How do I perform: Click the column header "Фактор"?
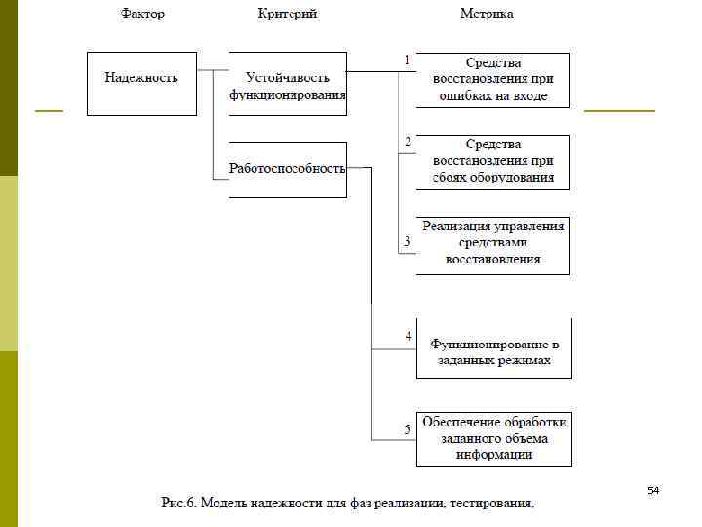143,14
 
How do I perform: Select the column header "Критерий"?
288,14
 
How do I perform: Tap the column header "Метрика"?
487,14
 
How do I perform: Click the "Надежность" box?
141,83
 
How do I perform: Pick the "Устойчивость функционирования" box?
288,85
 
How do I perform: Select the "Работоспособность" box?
288,170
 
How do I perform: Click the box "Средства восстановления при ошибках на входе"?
493,79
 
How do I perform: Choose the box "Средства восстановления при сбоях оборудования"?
493,161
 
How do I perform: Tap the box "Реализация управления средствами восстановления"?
493,244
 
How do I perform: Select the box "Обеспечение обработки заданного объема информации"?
493,438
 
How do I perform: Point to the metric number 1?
407,61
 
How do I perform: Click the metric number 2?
408,142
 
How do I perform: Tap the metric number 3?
407,240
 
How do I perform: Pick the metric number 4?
408,336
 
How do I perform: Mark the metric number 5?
408,426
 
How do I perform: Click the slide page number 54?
653,490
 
